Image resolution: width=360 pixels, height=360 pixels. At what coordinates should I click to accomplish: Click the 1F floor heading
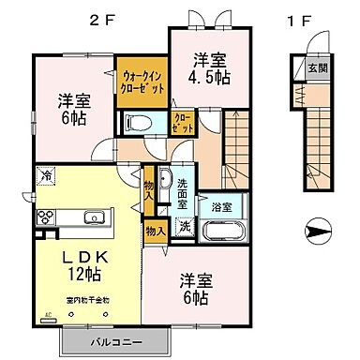pos(298,18)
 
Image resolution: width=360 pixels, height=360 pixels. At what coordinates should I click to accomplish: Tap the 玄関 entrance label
pos(318,68)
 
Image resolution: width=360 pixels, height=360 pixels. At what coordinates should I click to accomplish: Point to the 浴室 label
pos(222,204)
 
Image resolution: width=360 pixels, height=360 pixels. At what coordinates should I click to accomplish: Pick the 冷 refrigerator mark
pos(46,175)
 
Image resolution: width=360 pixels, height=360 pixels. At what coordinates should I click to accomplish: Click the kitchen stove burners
pos(46,217)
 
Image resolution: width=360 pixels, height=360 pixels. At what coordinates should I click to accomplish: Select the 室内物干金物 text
pos(88,299)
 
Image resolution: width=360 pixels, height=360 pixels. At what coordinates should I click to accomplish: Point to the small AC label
pos(46,314)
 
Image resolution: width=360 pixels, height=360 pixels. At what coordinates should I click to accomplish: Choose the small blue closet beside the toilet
pos(181,123)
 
